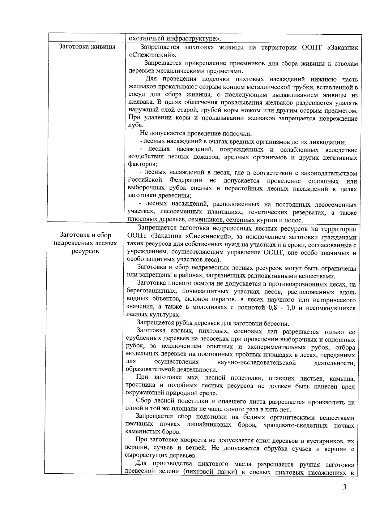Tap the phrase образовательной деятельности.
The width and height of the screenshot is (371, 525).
171,370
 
